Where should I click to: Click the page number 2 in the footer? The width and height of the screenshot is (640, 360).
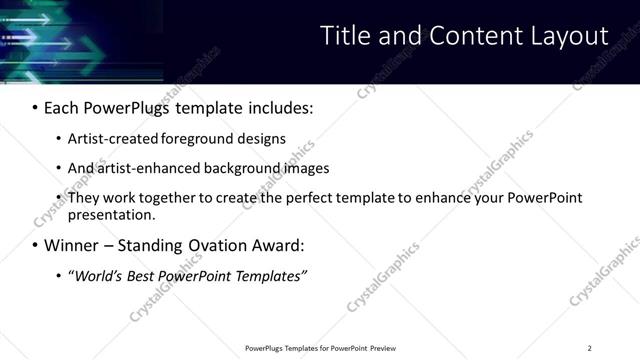tap(589, 348)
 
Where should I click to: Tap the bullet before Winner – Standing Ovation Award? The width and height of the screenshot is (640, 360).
tap(36, 245)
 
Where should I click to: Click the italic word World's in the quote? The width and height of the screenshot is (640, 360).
tap(96, 275)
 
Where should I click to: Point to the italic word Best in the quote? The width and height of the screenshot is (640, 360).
tap(143, 275)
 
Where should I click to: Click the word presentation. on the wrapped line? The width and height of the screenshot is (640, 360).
tap(112, 214)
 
